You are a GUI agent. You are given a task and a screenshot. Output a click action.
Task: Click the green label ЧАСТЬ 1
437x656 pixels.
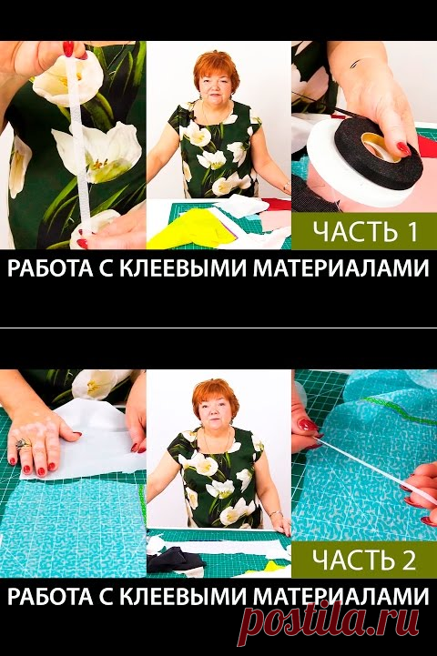pyautogui.click(x=364, y=231)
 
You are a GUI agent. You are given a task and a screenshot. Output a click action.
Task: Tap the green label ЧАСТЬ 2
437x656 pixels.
pyautogui.click(x=364, y=560)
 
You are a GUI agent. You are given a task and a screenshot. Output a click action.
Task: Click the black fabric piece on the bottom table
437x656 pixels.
pyautogui.click(x=175, y=560)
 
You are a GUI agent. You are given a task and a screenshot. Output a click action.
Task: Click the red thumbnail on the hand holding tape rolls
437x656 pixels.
pyautogui.click(x=403, y=149)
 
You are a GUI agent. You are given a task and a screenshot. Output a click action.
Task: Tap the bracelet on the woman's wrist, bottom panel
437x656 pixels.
pyautogui.click(x=276, y=513)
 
